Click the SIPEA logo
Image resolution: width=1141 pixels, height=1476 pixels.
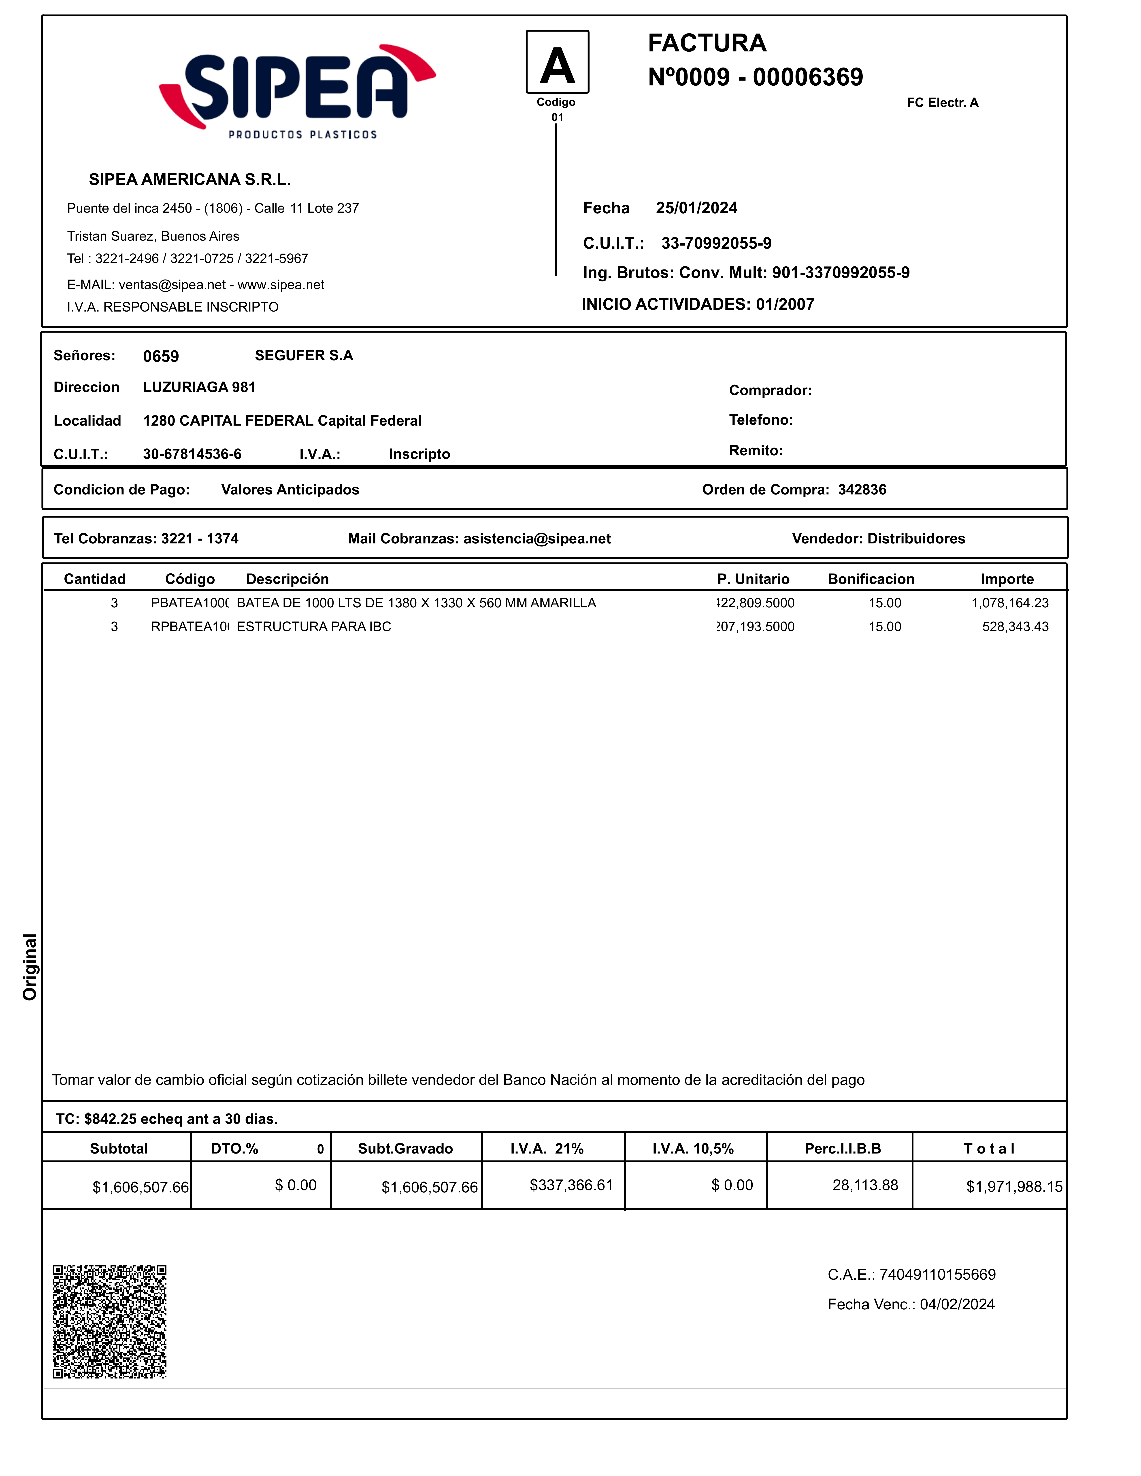pos(297,91)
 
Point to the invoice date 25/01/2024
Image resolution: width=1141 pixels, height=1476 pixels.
pos(696,208)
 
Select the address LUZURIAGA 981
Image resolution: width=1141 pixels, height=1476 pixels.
pos(199,387)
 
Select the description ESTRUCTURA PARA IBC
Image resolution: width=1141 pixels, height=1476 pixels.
pos(314,626)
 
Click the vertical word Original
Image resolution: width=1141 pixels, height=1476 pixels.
pos(30,966)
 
